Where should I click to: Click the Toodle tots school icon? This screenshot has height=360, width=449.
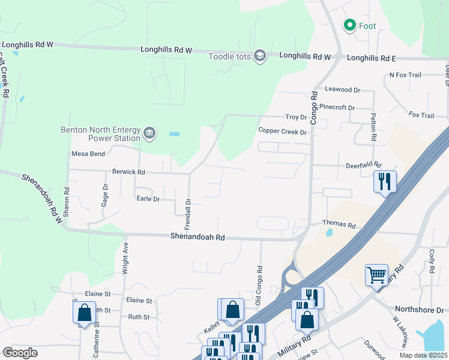click(x=259, y=56)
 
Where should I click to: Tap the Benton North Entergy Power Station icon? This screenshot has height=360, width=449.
click(x=149, y=133)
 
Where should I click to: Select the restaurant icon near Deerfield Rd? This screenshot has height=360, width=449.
click(x=384, y=181)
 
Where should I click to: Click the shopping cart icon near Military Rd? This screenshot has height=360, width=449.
click(x=376, y=274)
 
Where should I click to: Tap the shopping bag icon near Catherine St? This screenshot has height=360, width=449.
click(x=84, y=312)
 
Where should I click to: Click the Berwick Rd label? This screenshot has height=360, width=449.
click(x=128, y=172)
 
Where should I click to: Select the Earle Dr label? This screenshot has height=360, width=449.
click(x=148, y=199)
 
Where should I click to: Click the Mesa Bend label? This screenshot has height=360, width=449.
click(x=88, y=154)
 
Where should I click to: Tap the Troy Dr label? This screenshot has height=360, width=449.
click(x=296, y=117)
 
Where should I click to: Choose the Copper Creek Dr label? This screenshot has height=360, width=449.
click(x=282, y=131)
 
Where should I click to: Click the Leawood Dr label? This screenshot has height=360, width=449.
click(x=342, y=89)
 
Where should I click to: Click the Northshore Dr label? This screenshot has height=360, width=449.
click(x=427, y=310)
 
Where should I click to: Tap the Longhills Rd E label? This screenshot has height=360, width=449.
click(x=372, y=58)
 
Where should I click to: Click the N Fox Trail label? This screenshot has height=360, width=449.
click(x=405, y=75)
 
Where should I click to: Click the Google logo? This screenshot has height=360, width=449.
click(x=20, y=353)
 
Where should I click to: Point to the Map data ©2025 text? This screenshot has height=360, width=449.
click(x=423, y=355)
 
